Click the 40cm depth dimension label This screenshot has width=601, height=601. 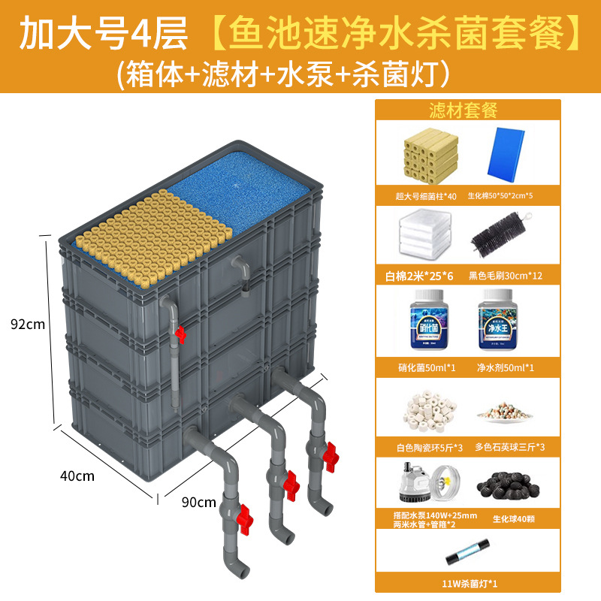77,475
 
